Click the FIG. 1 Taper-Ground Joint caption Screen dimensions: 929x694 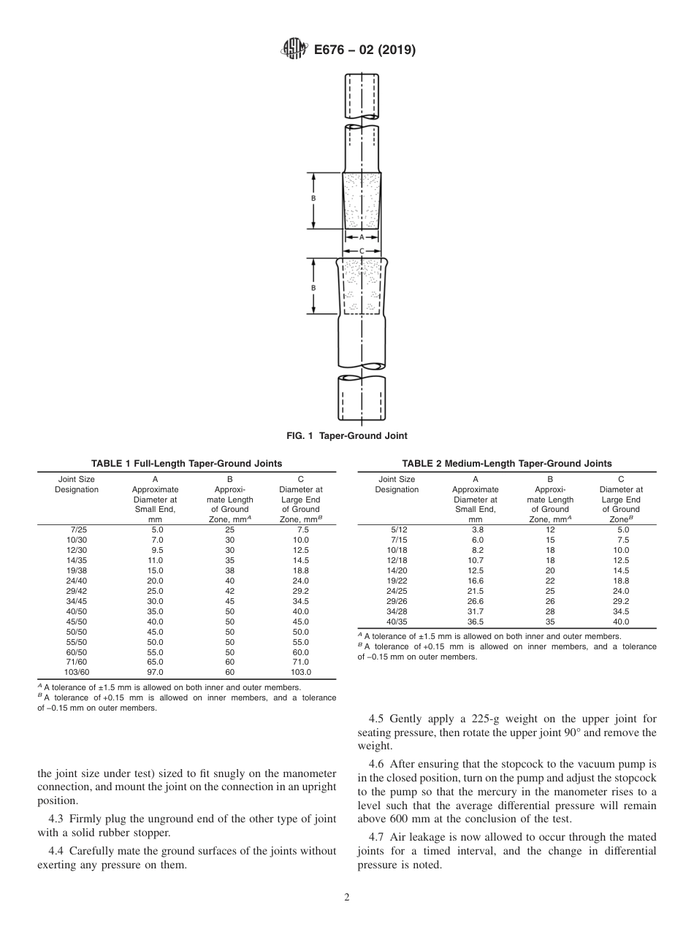346,436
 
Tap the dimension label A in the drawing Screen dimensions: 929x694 361,237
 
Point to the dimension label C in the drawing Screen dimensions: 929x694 361,250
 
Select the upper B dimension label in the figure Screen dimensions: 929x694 313,199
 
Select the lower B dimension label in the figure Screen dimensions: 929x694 313,288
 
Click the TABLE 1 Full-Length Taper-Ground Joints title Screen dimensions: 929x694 186,464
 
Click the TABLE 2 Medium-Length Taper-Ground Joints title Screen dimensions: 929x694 507,464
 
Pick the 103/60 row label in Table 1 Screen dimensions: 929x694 76,672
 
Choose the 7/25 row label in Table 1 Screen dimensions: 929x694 76,529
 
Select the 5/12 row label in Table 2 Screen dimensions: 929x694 397,529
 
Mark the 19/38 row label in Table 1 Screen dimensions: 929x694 76,570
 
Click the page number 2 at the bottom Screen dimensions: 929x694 347,898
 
